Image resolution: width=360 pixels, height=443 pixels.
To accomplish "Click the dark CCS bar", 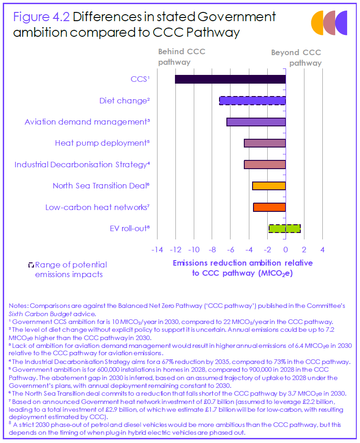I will pyautogui.click(x=230, y=79).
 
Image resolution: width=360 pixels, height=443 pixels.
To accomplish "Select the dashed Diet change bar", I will pyautogui.click(x=252, y=101).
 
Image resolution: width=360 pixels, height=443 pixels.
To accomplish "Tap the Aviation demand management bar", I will pyautogui.click(x=256, y=122).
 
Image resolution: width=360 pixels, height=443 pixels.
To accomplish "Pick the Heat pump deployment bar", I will pyautogui.click(x=264, y=143).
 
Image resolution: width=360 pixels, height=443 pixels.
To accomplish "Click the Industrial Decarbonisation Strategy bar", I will pyautogui.click(x=264, y=165).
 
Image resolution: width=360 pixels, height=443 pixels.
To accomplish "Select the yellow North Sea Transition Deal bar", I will pyautogui.click(x=269, y=186).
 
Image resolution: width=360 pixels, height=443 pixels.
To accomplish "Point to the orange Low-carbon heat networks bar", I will pyautogui.click(x=269, y=207).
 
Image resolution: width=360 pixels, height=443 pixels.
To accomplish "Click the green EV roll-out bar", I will pyautogui.click(x=284, y=228).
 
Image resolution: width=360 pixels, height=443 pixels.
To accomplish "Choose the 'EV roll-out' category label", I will pyautogui.click(x=130, y=228).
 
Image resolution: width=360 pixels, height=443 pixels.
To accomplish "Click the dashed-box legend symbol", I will pyautogui.click(x=31, y=265).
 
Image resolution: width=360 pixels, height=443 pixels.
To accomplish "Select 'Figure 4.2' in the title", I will pyautogui.click(x=41, y=17).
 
